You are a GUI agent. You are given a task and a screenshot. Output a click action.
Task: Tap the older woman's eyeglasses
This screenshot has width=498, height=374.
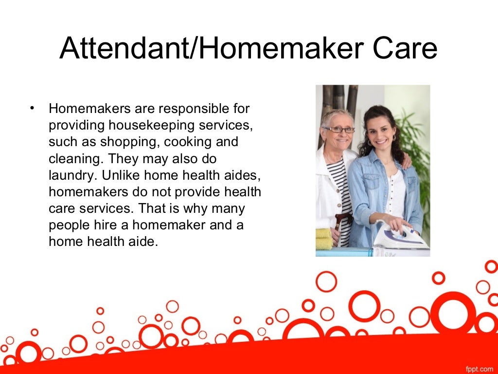tap(339, 130)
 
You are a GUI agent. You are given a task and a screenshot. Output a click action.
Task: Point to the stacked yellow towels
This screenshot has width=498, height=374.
tap(323, 239)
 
